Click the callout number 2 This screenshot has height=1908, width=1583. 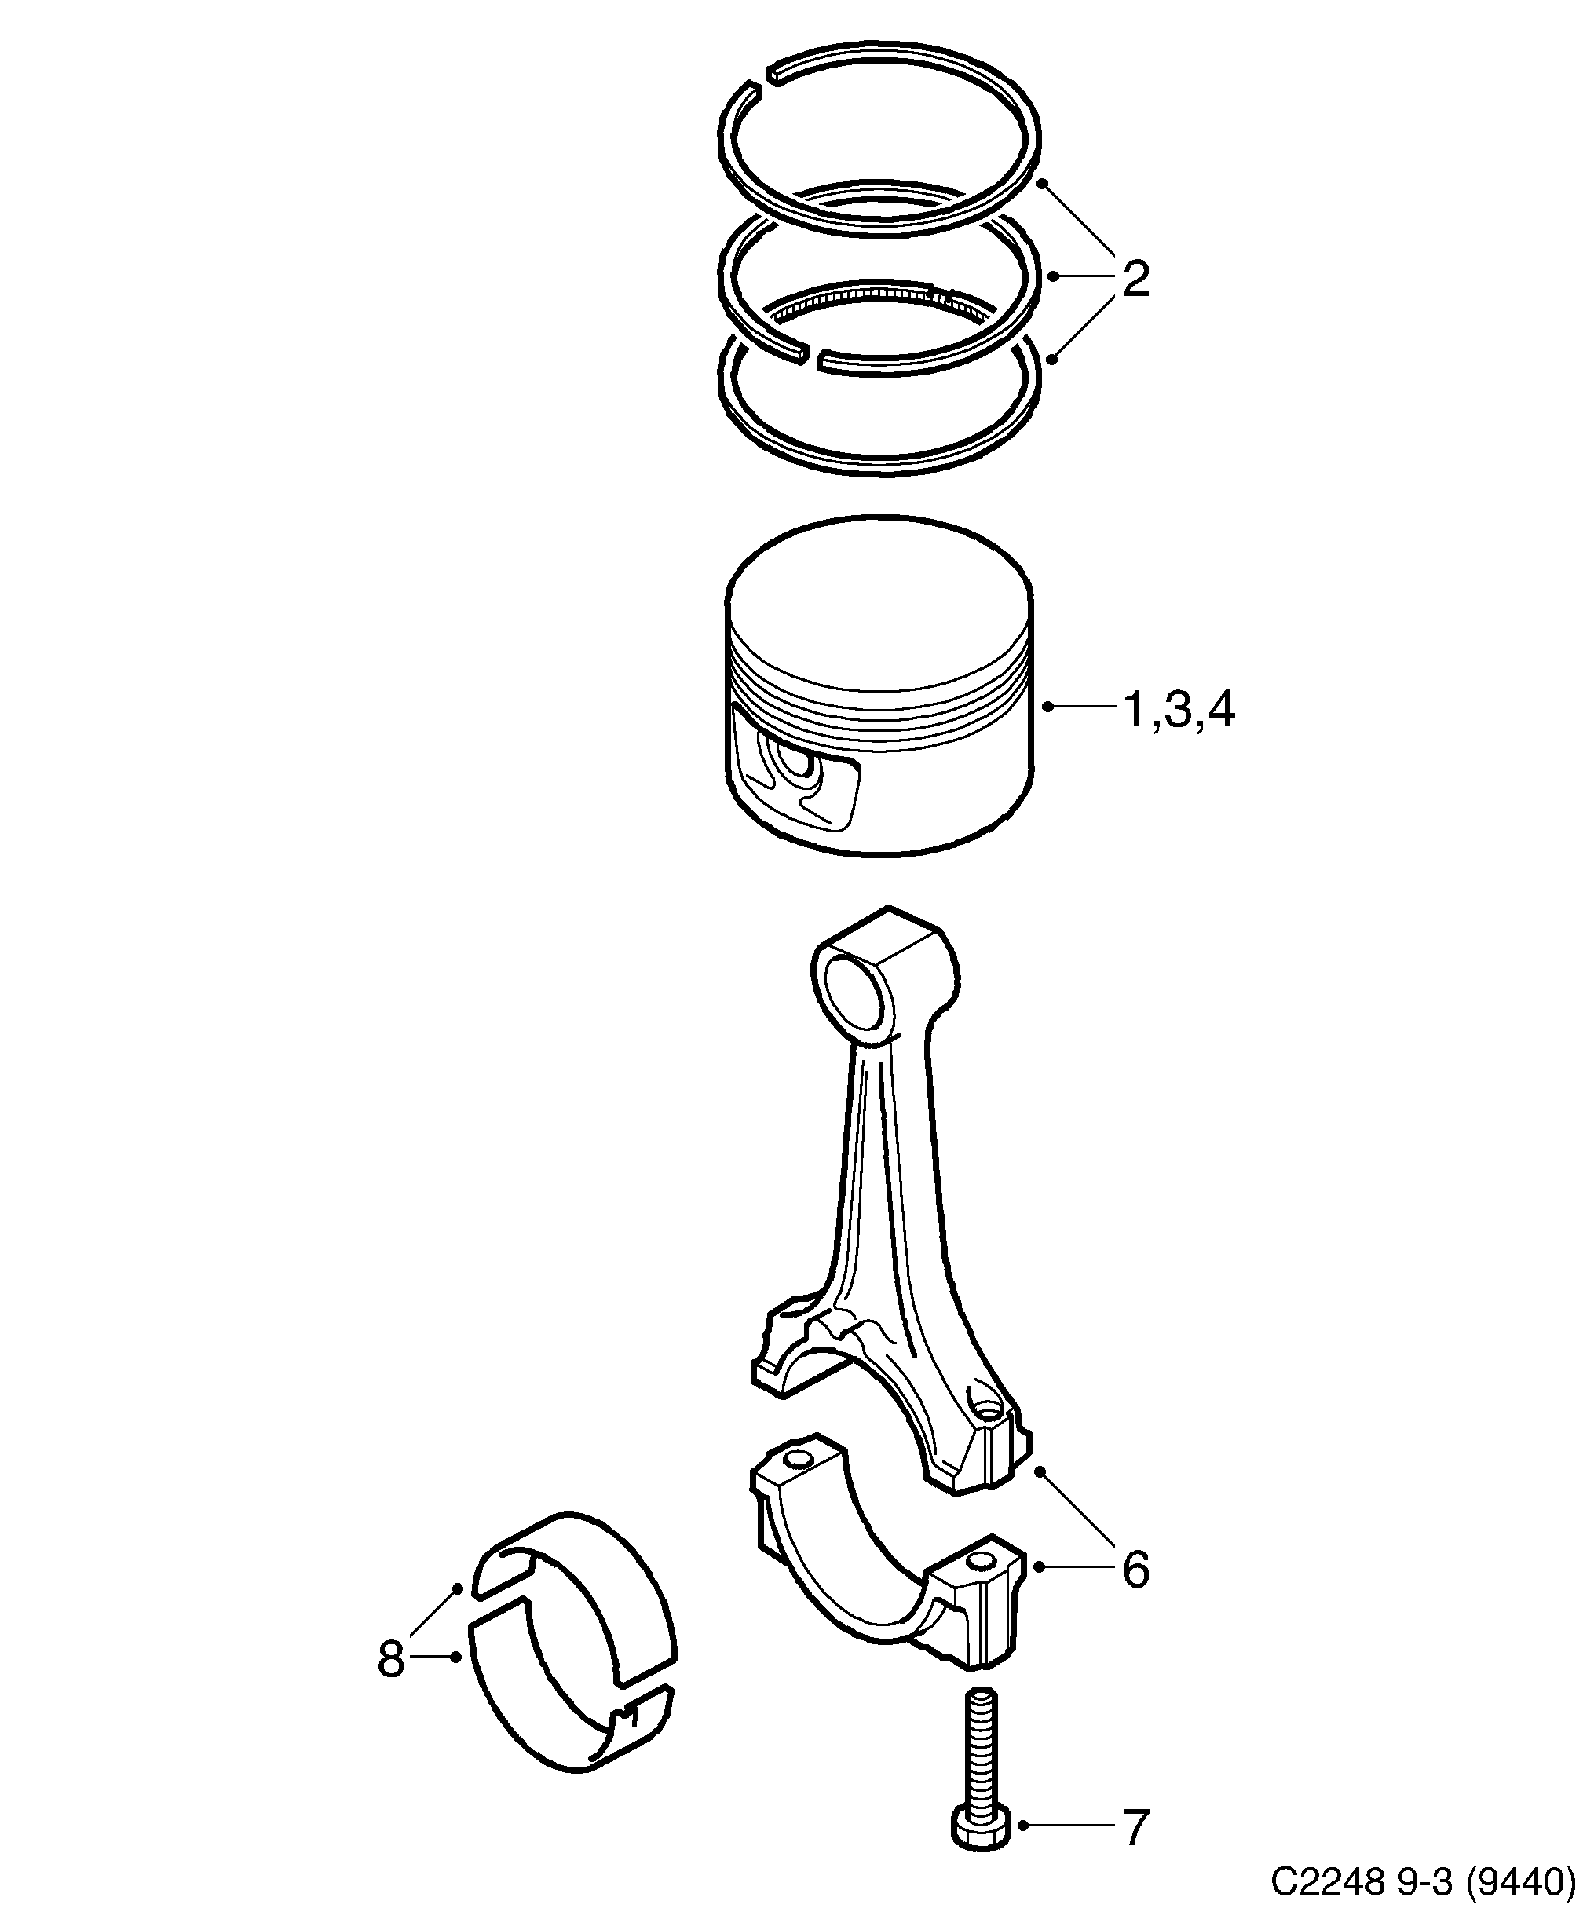coord(1135,279)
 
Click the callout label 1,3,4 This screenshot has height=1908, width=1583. coord(1179,710)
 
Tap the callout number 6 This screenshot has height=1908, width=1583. coord(1135,1569)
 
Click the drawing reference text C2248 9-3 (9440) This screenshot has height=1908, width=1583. coord(1421,1881)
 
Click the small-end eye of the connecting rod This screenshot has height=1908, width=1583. coord(857,1000)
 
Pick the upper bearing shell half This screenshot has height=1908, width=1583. coord(582,1581)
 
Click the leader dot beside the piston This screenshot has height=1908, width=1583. coord(1047,706)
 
